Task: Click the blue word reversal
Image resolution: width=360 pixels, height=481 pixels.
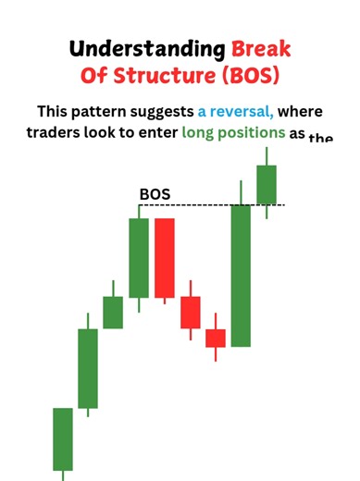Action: click(x=236, y=112)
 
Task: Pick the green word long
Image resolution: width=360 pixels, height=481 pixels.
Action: click(x=202, y=135)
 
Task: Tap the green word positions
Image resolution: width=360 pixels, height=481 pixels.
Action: click(x=258, y=135)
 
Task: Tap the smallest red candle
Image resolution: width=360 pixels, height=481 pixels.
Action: click(x=216, y=338)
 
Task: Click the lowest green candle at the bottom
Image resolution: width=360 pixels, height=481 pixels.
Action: click(x=63, y=438)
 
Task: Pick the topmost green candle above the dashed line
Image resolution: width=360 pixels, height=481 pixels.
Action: click(x=267, y=184)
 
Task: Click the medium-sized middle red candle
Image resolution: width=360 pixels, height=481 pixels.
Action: click(x=191, y=312)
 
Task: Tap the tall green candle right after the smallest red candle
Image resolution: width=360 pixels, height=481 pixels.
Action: click(x=241, y=275)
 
